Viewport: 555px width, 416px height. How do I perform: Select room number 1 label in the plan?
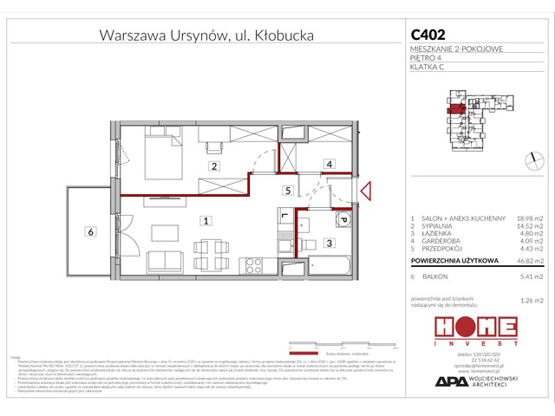(204, 220)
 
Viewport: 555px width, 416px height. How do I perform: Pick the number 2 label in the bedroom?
(212, 165)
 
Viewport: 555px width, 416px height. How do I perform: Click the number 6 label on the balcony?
(89, 231)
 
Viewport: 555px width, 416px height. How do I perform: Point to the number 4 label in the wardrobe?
(329, 164)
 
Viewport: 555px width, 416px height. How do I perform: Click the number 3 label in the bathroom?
(330, 244)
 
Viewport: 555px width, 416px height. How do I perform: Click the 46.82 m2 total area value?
(528, 258)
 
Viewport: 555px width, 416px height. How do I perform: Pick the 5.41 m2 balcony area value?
(528, 276)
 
